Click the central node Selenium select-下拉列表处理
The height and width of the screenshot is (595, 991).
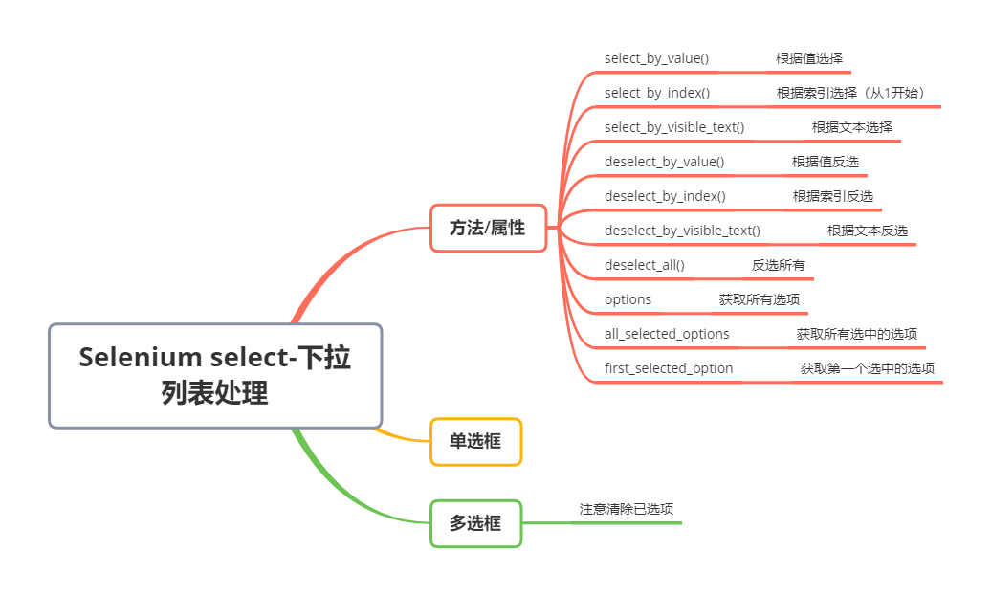215,375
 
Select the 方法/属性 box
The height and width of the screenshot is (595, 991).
488,228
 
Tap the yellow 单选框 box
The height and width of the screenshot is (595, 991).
475,441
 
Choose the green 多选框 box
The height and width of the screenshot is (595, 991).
475,523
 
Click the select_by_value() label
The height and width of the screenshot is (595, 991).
656,58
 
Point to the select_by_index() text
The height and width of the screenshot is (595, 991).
656,93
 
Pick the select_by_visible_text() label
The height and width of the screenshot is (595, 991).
673,127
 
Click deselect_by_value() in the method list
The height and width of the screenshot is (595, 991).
664,162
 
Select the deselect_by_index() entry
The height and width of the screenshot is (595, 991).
665,196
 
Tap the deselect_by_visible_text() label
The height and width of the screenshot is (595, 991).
682,231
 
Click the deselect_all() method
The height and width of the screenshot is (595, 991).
644,265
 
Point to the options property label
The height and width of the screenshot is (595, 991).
628,299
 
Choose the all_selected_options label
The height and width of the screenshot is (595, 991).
667,334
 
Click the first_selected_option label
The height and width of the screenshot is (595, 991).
669,368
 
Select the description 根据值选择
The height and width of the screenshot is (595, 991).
809,58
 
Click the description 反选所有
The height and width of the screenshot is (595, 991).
778,265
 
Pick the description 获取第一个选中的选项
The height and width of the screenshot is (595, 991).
868,368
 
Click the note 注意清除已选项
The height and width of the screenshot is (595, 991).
632,509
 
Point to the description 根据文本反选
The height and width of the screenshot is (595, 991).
868,231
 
